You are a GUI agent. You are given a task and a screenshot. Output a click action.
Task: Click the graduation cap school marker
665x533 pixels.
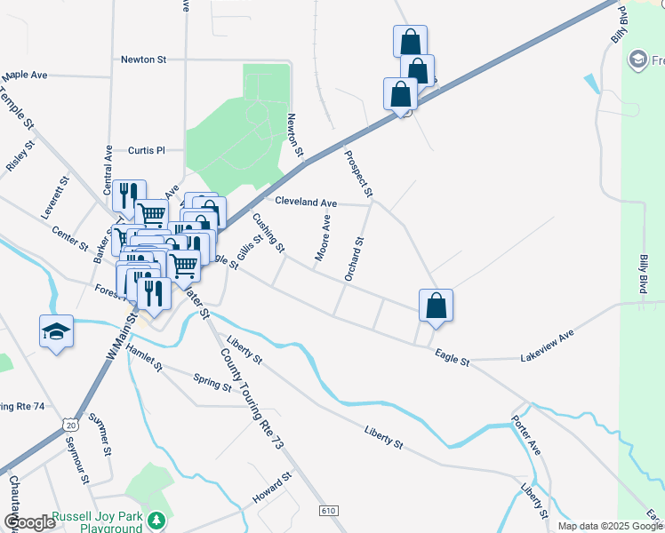tap(56, 331)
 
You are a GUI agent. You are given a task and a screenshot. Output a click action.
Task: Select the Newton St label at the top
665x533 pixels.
tap(144, 60)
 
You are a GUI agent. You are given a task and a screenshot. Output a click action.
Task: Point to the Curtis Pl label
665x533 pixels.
tap(147, 150)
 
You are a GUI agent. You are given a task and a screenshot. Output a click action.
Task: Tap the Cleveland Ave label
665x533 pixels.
tap(305, 202)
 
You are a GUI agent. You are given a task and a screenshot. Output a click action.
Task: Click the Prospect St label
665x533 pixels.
tap(358, 173)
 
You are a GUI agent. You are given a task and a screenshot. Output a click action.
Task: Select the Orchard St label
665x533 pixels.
tap(355, 259)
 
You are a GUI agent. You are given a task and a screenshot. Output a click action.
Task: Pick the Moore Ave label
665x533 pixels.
tap(323, 237)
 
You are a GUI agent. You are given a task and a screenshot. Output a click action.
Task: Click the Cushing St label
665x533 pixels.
tap(268, 232)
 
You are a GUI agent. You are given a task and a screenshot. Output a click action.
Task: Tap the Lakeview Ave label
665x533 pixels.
tap(548, 348)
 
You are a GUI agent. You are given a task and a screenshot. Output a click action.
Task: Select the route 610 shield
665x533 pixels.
tap(329, 511)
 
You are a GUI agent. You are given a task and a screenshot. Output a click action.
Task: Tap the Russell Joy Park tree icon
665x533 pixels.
tap(156, 519)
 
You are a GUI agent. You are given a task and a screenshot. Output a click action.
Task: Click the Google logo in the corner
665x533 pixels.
tap(29, 522)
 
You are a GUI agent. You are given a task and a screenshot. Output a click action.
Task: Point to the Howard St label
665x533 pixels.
tap(272, 488)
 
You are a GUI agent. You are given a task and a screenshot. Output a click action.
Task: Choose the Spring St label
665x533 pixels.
tap(212, 383)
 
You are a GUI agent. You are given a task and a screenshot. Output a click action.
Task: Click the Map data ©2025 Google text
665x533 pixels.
tap(609, 526)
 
